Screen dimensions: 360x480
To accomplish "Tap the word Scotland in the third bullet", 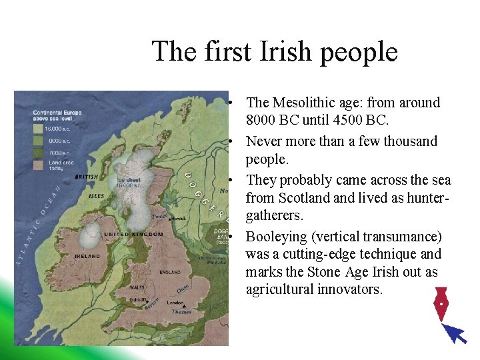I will pos(303,198).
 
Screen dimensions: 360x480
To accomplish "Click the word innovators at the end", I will pos(347,289).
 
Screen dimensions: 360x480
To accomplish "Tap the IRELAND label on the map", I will pos(87,256).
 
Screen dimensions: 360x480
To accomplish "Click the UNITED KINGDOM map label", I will pos(133,235).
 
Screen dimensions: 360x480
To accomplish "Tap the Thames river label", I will pos(181,312).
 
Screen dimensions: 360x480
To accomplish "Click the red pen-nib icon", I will pos(440,304).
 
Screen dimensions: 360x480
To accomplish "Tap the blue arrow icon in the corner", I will pos(455,333).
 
